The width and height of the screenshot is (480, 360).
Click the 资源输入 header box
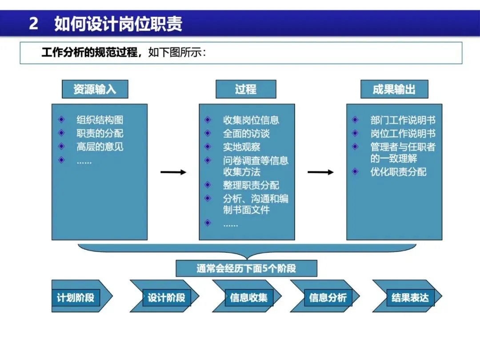point(95,89)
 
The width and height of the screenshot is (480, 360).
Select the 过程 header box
point(246,89)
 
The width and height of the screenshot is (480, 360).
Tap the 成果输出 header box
point(394,89)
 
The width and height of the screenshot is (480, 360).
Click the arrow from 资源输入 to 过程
point(173,172)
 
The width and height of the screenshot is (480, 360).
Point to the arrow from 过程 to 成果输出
point(320,172)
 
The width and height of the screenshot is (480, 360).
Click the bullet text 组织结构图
point(100,120)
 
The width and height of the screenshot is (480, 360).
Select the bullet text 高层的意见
point(100,147)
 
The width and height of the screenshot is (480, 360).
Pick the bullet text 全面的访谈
point(246,133)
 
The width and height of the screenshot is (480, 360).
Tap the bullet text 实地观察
point(241,147)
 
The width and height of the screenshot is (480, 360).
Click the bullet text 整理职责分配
point(251,185)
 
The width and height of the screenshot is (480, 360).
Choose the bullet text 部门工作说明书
point(403,120)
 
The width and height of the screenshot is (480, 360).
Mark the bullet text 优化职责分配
point(398,172)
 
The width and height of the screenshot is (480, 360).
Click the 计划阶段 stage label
point(76,297)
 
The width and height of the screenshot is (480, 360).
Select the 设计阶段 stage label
point(166,297)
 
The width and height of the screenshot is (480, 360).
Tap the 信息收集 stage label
point(248,297)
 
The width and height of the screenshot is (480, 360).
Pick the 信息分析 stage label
point(328,297)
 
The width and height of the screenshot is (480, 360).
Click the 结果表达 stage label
point(410,297)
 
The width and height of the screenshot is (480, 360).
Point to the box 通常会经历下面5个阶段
point(246,268)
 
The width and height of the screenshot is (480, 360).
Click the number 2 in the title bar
point(33,24)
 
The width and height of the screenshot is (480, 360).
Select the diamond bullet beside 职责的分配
point(61,133)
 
